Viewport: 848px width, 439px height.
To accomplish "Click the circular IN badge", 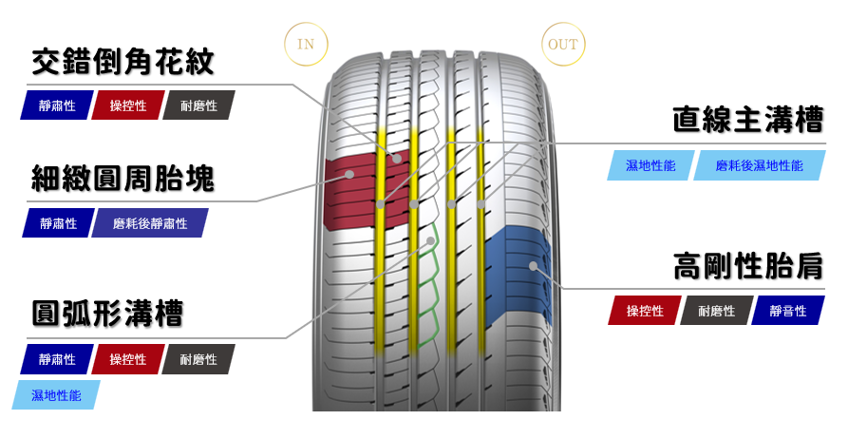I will click(306, 45).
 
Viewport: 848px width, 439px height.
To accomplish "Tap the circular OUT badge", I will click(563, 45).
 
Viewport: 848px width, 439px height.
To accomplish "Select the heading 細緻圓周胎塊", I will click(122, 178).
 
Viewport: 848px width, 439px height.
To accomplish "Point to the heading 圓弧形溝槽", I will click(107, 314).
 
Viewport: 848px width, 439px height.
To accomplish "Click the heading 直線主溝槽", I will click(747, 120).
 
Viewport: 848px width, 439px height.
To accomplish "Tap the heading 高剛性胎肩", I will click(747, 266).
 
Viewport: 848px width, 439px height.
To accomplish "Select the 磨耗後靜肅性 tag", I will click(149, 223).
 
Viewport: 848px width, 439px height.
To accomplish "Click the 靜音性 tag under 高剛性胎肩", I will click(787, 311).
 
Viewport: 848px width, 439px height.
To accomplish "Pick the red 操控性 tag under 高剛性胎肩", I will click(644, 311).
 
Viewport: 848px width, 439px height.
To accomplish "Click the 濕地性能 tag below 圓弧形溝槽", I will click(56, 394).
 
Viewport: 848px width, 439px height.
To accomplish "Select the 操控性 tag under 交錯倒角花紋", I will click(127, 105).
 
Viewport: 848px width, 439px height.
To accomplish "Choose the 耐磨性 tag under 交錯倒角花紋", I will click(198, 105).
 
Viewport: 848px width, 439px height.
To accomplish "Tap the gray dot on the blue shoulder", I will click(534, 266).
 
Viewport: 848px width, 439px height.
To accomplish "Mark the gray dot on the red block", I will click(350, 175).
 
